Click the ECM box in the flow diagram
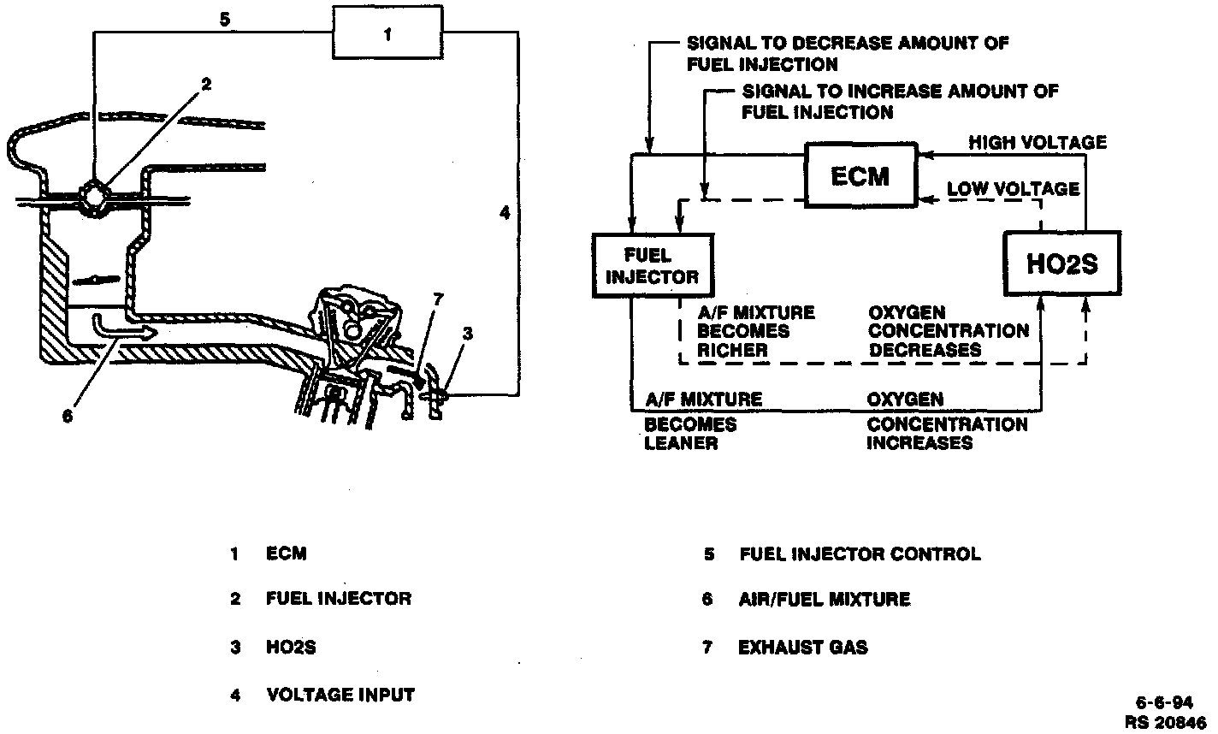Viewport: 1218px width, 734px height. (860, 176)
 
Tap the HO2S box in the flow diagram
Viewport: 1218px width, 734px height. (1061, 263)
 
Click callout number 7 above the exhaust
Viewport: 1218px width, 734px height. (438, 299)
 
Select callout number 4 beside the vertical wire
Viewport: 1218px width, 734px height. (505, 211)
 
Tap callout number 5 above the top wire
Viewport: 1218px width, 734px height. (223, 19)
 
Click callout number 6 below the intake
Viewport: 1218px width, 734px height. (68, 416)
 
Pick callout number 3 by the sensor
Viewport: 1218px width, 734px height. (466, 334)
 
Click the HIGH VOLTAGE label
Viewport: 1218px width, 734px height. (1037, 142)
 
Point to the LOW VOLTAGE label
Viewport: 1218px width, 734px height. (1012, 188)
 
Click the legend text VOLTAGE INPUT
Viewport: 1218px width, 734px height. (340, 694)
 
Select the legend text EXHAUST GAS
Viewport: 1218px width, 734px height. (802, 647)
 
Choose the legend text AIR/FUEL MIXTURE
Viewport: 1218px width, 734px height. (824, 600)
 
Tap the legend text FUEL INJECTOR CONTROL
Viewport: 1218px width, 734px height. (860, 553)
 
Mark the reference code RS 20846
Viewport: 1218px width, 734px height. (1166, 722)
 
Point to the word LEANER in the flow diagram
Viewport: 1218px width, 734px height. (681, 443)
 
